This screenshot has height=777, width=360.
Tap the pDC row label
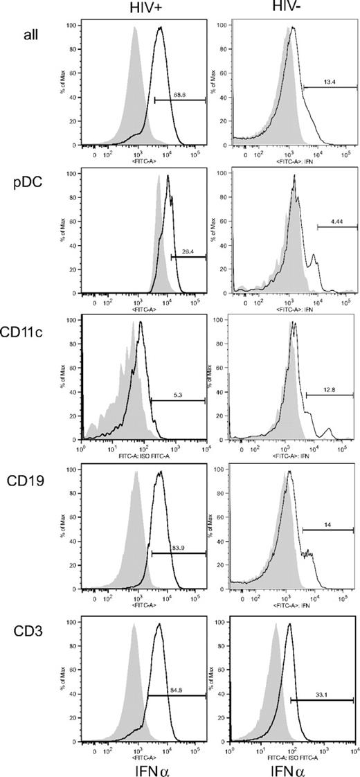[24, 186]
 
